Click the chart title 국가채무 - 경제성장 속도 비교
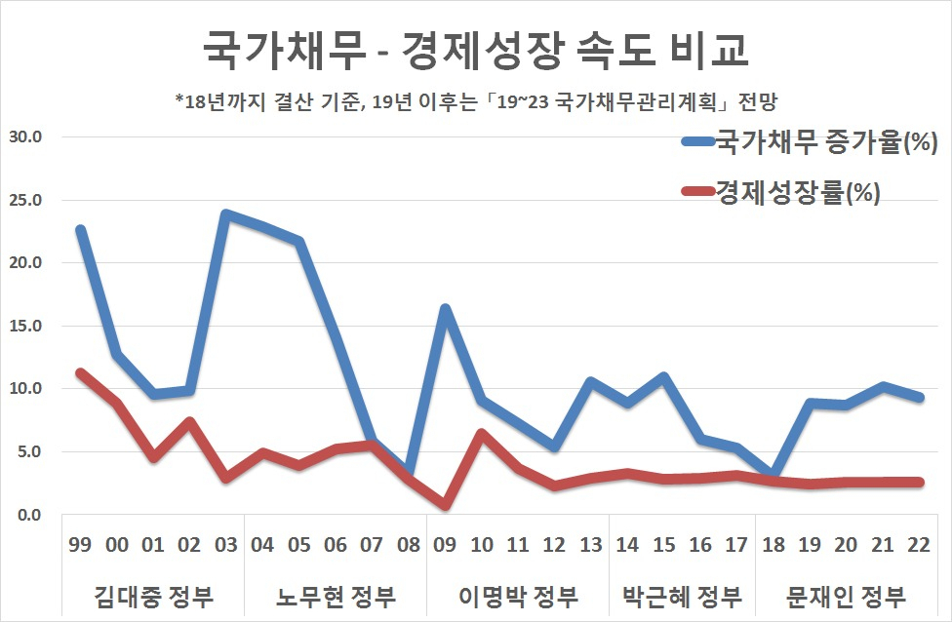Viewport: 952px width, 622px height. pyautogui.click(x=475, y=49)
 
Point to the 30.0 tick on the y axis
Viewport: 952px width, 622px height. pyautogui.click(x=25, y=137)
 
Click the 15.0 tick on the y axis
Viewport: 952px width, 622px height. pyautogui.click(x=25, y=326)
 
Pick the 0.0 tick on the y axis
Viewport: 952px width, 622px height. pyautogui.click(x=29, y=515)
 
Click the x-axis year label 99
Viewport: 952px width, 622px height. pyautogui.click(x=80, y=545)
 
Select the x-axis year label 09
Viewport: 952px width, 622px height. pyautogui.click(x=445, y=545)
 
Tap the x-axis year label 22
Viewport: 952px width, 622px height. pyautogui.click(x=919, y=545)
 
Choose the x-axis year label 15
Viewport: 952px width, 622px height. pyautogui.click(x=663, y=545)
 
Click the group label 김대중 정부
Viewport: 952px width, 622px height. pyautogui.click(x=153, y=597)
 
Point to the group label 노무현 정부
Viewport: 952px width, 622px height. pyautogui.click(x=336, y=597)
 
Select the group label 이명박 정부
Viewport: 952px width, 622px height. pyautogui.click(x=518, y=597)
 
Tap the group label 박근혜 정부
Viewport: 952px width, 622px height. pyautogui.click(x=683, y=597)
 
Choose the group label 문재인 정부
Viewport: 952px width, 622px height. pyautogui.click(x=846, y=597)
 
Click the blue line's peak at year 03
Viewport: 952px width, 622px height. pyautogui.click(x=226, y=214)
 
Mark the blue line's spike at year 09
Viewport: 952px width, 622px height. pyautogui.click(x=445, y=309)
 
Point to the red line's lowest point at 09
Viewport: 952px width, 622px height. pyautogui.click(x=445, y=505)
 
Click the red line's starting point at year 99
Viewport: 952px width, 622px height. pyautogui.click(x=81, y=373)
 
